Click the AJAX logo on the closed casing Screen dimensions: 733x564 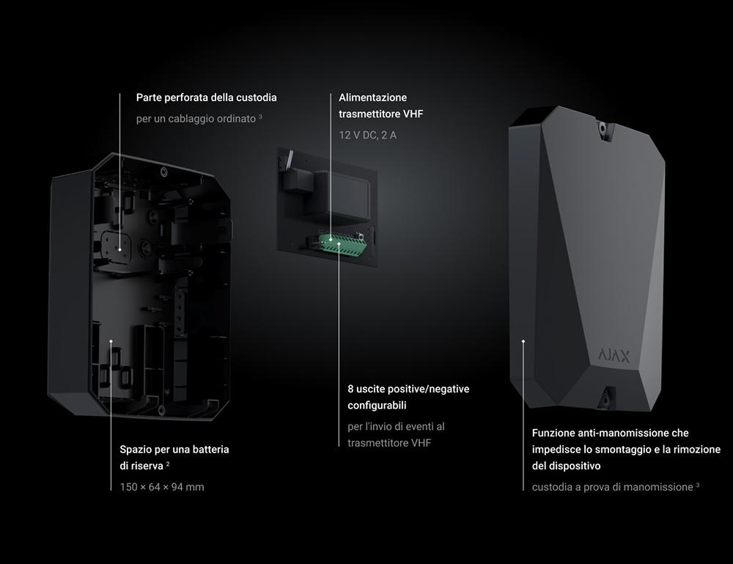pos(614,356)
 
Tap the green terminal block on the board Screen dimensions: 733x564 pos(342,245)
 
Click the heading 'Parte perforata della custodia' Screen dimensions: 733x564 pos(206,98)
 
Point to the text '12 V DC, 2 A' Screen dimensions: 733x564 pos(367,135)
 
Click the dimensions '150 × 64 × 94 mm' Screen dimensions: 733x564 pos(162,487)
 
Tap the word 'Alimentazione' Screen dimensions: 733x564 pos(372,98)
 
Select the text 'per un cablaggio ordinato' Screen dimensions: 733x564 pos(196,119)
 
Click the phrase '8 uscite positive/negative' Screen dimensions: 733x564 pos(408,389)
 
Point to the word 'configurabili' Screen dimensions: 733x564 pos(377,406)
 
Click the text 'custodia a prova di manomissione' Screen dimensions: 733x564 pos(612,487)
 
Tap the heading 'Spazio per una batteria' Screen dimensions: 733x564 pos(174,450)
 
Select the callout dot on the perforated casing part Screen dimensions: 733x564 pos(119,250)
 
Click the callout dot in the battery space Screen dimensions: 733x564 pos(111,341)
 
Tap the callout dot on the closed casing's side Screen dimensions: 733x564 pos(523,341)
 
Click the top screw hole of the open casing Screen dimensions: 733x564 pos(163,172)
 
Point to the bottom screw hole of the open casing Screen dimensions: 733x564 pos(161,411)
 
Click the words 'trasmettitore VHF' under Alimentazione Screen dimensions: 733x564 pos(380,114)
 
